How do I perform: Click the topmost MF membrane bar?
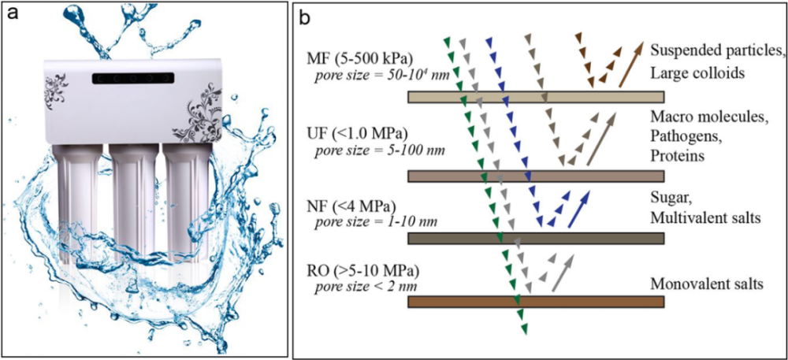(x=536, y=97)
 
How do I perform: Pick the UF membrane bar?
(x=536, y=176)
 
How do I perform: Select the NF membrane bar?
(x=536, y=238)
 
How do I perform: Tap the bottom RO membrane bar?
(x=536, y=302)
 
